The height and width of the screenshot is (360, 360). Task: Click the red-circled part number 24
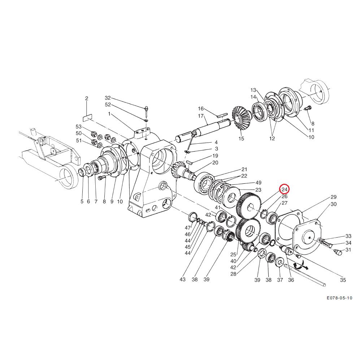point(285,190)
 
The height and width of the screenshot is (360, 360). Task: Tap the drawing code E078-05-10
point(339,298)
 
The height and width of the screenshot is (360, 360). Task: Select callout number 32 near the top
point(108,98)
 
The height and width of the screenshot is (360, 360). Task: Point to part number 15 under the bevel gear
point(241,139)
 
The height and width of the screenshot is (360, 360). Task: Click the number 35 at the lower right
point(343,280)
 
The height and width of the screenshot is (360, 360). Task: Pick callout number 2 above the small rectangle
point(87,99)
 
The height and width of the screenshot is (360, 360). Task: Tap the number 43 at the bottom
point(182,279)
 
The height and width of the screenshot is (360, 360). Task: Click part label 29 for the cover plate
point(333,197)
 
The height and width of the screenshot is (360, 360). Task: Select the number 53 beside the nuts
point(79,127)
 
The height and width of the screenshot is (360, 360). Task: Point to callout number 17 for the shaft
point(201,116)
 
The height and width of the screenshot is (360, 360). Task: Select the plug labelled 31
point(338,252)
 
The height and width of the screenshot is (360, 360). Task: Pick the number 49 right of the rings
point(258,183)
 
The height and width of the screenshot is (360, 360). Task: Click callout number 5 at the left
point(82,201)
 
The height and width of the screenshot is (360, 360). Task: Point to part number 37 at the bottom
point(280,280)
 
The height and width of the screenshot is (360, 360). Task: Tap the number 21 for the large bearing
point(244,169)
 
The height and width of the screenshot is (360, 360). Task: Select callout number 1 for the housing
point(109,114)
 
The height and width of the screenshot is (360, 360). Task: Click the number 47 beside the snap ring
point(187,228)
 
